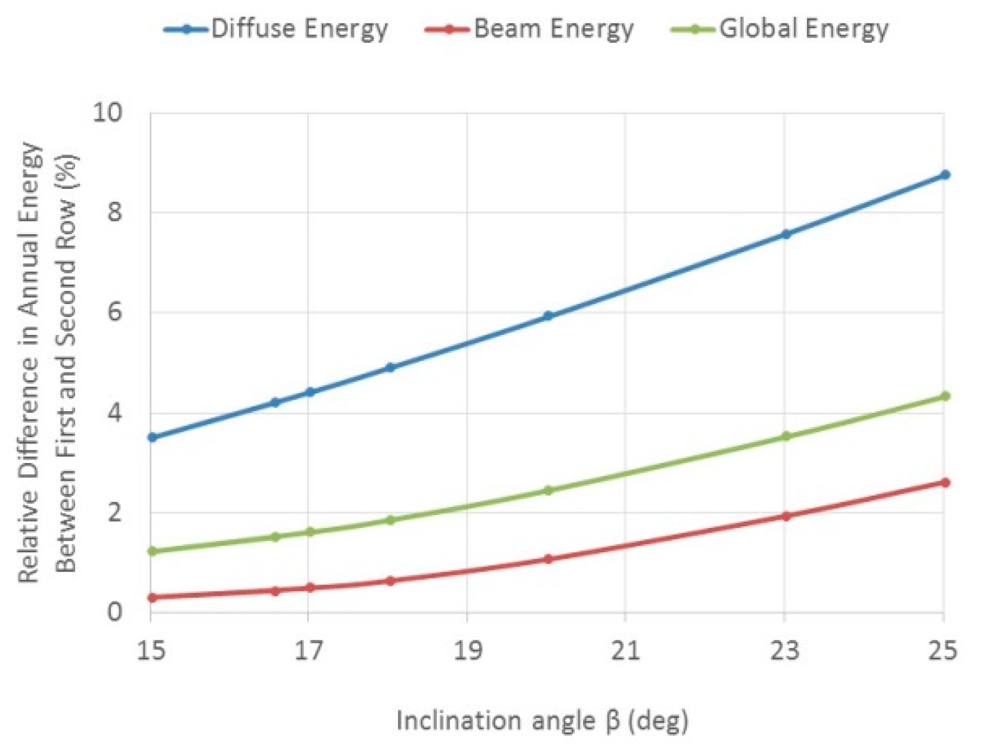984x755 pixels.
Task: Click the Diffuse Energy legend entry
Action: click(x=276, y=29)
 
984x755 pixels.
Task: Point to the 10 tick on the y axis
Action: click(x=107, y=112)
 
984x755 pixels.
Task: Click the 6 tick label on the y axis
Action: click(x=114, y=312)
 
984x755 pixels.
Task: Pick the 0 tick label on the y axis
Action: click(x=114, y=612)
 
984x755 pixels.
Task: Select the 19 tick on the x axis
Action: click(x=467, y=650)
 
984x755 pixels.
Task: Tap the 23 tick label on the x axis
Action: click(x=784, y=650)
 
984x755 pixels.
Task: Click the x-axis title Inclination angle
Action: click(x=542, y=720)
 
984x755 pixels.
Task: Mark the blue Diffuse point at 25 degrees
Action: click(x=945, y=175)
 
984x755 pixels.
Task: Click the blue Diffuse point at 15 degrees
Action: click(x=152, y=437)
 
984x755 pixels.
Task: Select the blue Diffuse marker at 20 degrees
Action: click(x=548, y=316)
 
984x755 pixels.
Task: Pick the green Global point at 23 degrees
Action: click(x=786, y=437)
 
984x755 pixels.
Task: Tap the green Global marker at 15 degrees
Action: click(x=152, y=551)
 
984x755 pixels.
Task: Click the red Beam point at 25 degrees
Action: click(x=945, y=483)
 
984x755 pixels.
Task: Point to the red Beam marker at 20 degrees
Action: click(x=548, y=559)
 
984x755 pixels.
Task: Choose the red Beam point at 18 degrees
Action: click(x=390, y=581)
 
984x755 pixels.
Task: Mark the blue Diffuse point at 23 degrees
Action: click(x=786, y=234)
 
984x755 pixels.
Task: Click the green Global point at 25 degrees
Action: click(x=945, y=396)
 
